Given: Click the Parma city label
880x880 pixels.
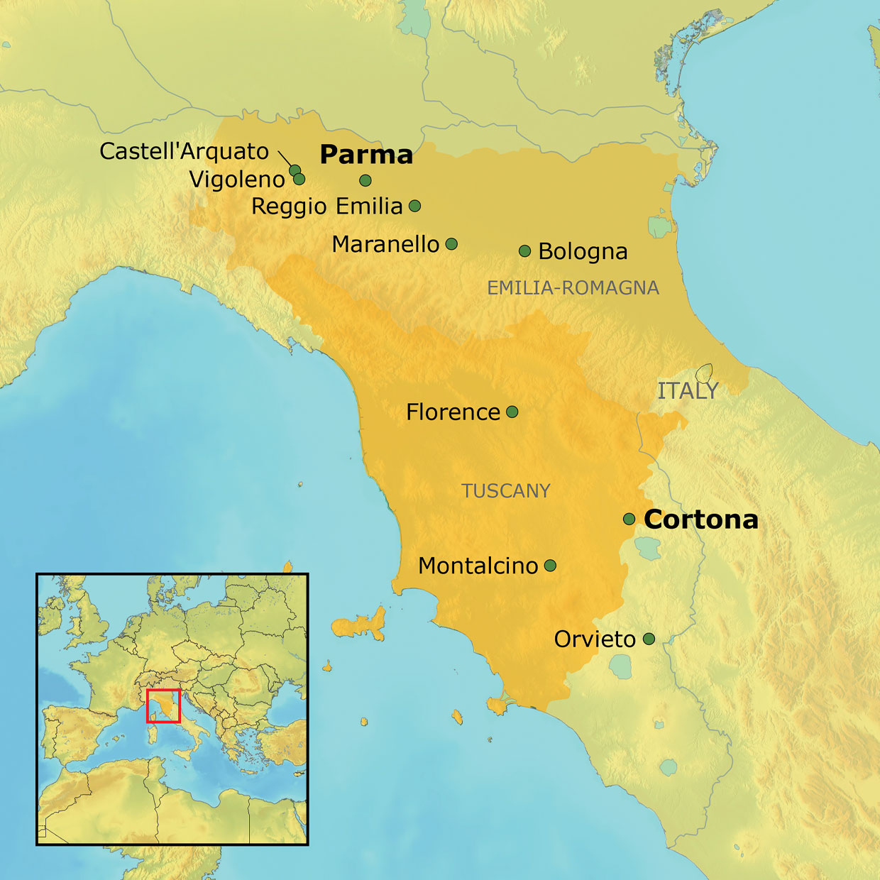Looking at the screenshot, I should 366,155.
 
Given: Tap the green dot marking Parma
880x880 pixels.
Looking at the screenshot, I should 365,180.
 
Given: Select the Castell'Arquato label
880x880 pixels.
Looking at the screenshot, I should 184,151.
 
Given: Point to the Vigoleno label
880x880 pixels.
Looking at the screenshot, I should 237,179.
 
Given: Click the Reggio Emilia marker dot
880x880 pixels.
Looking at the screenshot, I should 415,206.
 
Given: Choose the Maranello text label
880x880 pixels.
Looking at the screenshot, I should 385,244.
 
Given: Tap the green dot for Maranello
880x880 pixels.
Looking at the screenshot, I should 451,244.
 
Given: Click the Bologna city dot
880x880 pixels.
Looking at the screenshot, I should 525,251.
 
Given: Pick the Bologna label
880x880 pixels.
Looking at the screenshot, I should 583,251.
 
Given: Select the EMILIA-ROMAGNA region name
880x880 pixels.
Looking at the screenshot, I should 573,287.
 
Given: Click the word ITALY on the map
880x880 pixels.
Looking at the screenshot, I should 688,391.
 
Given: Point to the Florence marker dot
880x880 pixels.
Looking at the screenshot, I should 512,412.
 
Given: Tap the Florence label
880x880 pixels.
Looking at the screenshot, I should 453,412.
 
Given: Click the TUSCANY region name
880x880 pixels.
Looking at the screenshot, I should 506,491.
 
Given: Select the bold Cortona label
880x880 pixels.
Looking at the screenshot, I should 700,519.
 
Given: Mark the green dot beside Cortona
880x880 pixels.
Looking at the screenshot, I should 629,519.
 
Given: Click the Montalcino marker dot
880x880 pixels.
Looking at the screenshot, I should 550,566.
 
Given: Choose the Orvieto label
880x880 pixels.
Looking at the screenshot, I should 595,639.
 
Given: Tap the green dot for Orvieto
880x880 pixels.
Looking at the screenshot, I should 649,639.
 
